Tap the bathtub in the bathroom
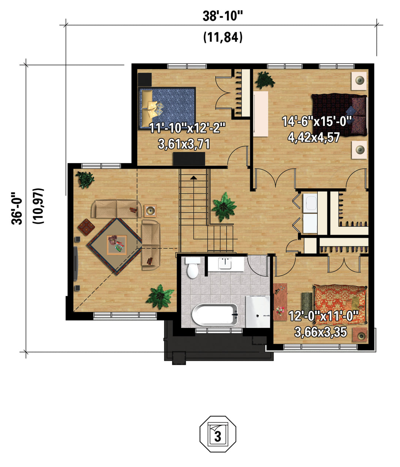(x=214, y=315)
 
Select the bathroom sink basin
(x=225, y=264)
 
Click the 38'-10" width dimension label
(x=223, y=16)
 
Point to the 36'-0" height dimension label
(x=17, y=208)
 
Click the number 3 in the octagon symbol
(x=217, y=437)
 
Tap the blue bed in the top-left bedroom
(x=167, y=108)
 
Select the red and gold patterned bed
(x=340, y=305)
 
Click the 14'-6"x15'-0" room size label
(x=317, y=121)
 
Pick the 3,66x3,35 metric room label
(x=320, y=332)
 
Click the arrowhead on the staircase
(x=193, y=178)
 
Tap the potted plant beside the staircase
(x=224, y=207)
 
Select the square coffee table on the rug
(x=117, y=245)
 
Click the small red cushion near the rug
(x=86, y=227)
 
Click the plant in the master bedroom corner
(x=265, y=80)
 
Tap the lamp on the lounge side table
(x=150, y=211)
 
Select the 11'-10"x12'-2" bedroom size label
(x=187, y=128)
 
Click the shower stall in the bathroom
(x=258, y=312)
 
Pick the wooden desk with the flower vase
(x=280, y=302)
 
